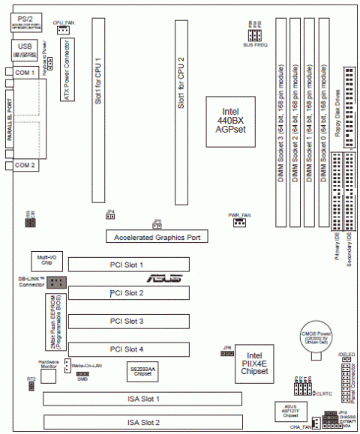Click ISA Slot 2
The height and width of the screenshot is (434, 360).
click(x=142, y=422)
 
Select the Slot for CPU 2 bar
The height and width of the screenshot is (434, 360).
click(x=181, y=112)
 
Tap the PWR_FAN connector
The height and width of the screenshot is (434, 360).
click(x=239, y=222)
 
